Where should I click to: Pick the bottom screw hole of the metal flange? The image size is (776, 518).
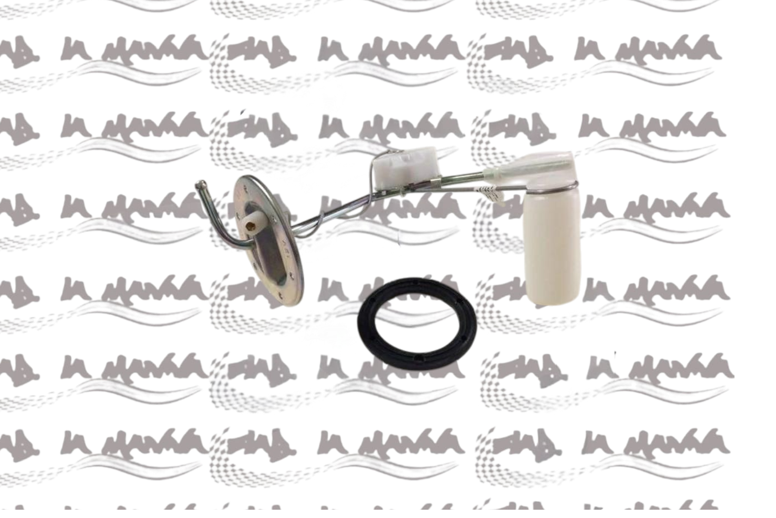click(x=281, y=297)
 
